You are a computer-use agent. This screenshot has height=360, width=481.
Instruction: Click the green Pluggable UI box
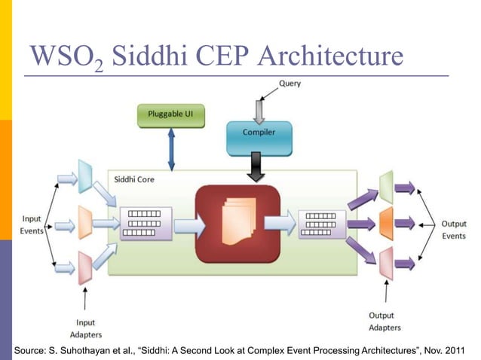(x=170, y=117)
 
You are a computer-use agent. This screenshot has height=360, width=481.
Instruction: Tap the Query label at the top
(x=290, y=84)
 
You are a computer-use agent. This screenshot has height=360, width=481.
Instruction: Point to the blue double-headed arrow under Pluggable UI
(x=170, y=149)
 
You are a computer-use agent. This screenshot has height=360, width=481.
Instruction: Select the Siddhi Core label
(x=135, y=180)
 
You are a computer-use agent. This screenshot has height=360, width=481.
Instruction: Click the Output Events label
(x=453, y=229)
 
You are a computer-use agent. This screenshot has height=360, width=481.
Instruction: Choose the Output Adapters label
(x=384, y=322)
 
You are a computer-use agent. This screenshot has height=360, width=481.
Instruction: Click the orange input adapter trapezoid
(x=85, y=222)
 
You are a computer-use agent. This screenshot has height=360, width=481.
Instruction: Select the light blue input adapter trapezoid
(x=85, y=178)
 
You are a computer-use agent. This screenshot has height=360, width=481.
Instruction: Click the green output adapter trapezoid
(x=386, y=187)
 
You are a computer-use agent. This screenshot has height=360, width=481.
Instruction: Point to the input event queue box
(x=142, y=223)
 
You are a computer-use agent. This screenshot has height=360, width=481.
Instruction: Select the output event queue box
(x=322, y=222)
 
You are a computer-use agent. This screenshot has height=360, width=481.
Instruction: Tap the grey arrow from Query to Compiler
(x=259, y=109)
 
